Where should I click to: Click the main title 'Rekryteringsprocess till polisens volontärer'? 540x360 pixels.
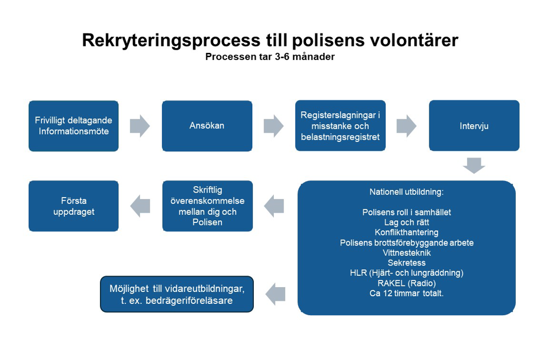(270, 40)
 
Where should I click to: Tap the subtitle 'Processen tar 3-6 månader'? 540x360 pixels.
(270, 57)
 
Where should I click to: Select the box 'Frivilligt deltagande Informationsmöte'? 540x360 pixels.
(73, 126)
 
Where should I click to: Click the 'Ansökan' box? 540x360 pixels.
(207, 126)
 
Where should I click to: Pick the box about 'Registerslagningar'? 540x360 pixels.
(340, 126)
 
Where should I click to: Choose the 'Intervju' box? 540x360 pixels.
(474, 126)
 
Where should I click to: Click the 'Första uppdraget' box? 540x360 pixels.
(73, 206)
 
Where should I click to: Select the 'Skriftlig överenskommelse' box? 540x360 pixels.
(207, 206)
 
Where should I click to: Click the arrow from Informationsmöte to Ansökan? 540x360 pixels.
(140, 125)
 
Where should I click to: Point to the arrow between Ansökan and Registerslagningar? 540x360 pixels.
(274, 125)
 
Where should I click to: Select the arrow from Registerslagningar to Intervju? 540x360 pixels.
(407, 125)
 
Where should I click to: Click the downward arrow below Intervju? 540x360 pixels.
(474, 165)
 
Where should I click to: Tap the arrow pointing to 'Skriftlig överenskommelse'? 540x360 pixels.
(274, 206)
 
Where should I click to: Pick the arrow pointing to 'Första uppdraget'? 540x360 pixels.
(140, 206)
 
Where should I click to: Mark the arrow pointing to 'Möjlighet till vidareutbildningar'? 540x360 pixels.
(275, 294)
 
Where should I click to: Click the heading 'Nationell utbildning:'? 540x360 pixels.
(406, 192)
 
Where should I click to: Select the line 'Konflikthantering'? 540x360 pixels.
(406, 233)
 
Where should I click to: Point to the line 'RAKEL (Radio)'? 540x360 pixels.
(406, 283)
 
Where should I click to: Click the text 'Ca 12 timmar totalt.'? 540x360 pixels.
(406, 294)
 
